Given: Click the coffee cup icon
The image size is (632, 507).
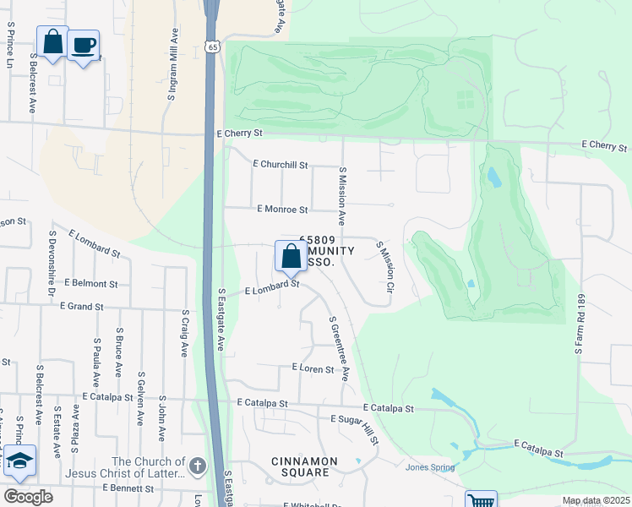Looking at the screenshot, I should (x=83, y=46).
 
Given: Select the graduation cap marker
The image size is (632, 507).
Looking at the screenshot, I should (x=19, y=461).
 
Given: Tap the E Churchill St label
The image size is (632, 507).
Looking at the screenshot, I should (x=281, y=165).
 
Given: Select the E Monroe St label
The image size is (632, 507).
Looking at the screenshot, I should (x=282, y=209).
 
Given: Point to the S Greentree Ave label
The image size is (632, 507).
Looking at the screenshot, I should (x=340, y=349).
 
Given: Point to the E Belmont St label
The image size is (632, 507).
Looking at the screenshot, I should (x=89, y=285).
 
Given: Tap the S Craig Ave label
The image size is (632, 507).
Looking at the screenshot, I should (x=184, y=333).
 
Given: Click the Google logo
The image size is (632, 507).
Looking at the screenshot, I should (x=28, y=497).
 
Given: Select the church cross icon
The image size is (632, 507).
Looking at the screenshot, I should (x=197, y=466).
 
